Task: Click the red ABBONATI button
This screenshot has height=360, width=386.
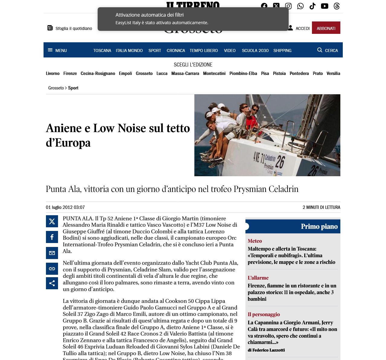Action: (326, 28)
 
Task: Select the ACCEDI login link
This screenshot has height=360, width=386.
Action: (302, 28)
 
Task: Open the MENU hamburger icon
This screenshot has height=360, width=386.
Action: (50, 50)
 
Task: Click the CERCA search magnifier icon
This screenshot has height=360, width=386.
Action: (320, 50)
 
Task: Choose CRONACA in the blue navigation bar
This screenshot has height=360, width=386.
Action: (176, 50)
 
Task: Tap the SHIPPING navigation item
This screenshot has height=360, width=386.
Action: (282, 50)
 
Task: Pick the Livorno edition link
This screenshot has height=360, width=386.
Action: (53, 73)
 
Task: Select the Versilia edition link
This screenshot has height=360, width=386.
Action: (333, 73)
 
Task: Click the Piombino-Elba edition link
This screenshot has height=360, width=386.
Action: (243, 73)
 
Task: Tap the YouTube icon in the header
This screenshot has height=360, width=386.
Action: (324, 6)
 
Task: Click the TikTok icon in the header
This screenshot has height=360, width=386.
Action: (312, 6)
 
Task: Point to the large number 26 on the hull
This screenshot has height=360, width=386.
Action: (280, 162)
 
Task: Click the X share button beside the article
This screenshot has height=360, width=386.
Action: (52, 221)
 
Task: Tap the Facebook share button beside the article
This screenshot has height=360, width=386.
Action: (52, 237)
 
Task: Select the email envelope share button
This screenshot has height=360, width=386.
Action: (52, 253)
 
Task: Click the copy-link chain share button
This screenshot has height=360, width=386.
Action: (52, 269)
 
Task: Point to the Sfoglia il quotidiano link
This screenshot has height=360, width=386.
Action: (70, 28)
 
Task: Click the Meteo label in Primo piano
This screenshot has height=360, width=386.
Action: (255, 241)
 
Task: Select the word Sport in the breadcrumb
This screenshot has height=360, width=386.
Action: (73, 88)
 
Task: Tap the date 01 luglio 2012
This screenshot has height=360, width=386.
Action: (65, 207)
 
